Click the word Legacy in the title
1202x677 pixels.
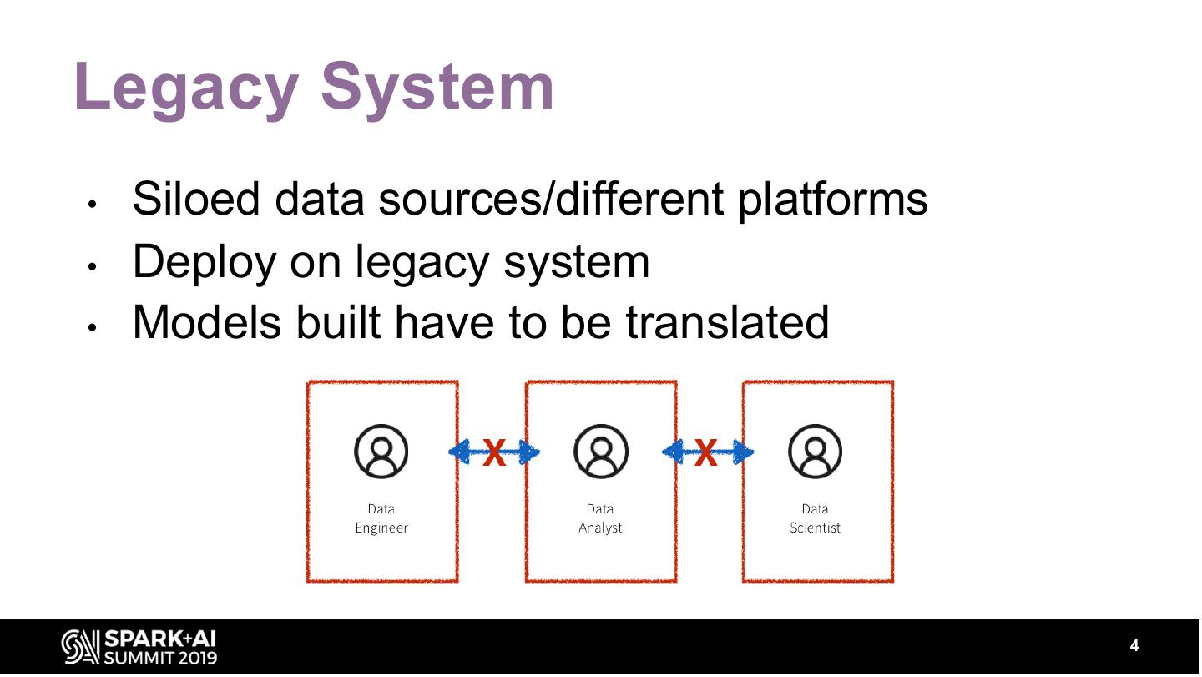(186, 88)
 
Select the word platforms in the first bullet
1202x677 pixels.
(832, 200)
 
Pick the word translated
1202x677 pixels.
(727, 322)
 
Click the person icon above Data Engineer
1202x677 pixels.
(381, 452)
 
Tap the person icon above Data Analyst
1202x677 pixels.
(600, 452)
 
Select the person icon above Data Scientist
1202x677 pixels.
(815, 452)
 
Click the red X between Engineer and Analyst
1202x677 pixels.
(494, 454)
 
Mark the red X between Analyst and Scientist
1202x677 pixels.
(706, 454)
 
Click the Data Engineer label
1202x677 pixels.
(381, 518)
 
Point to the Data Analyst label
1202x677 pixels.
(600, 518)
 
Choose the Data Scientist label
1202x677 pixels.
(815, 518)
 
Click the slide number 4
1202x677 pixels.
(1134, 646)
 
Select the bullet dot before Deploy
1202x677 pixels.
(93, 267)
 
